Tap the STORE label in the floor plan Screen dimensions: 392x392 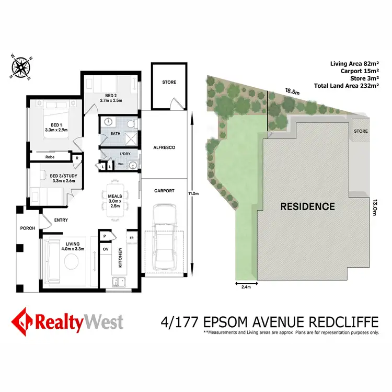(169, 82)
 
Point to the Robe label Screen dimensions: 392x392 (50, 156)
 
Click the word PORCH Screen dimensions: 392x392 (27, 228)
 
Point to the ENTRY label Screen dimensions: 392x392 (61, 220)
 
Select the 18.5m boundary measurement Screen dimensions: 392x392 (292, 91)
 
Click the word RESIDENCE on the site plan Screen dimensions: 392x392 (307, 206)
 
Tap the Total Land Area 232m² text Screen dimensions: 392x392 (345, 86)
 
